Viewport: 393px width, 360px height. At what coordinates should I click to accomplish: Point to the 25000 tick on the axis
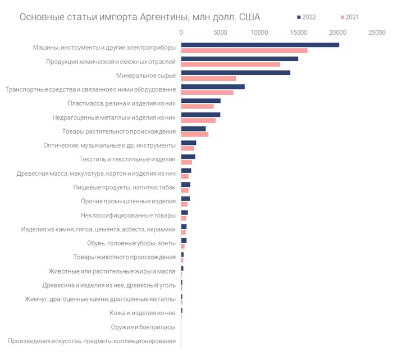[376, 33]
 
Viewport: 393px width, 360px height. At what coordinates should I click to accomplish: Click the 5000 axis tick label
[220, 33]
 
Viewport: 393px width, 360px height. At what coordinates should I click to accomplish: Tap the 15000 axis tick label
[298, 33]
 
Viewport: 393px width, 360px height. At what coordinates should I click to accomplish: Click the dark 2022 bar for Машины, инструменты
[260, 45]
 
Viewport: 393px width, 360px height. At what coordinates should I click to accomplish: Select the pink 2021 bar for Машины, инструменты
[244, 51]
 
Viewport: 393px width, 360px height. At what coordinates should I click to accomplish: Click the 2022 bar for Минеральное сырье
[236, 72]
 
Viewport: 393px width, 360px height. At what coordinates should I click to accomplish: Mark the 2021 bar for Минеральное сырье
[209, 78]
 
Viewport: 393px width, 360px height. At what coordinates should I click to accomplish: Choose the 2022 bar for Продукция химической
[240, 59]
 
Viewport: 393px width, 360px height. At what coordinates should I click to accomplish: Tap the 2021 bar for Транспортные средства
[207, 92]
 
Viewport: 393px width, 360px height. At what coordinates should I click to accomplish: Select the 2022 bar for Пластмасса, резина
[201, 101]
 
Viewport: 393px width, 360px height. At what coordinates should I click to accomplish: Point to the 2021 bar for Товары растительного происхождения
[195, 134]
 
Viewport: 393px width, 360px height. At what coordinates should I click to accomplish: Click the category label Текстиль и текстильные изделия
[127, 160]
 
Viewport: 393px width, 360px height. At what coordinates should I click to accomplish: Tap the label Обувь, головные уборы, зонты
[131, 243]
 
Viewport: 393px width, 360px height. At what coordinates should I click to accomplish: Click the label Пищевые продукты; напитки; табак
[125, 188]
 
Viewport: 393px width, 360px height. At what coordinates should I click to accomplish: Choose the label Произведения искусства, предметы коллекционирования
[92, 341]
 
